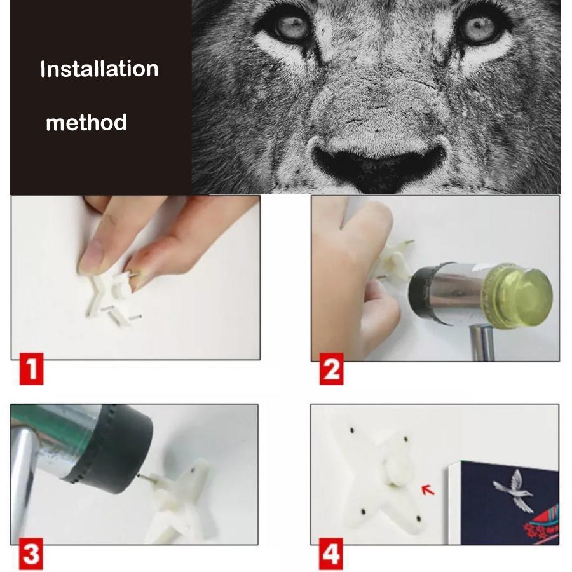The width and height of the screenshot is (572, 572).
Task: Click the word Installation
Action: [x=99, y=69]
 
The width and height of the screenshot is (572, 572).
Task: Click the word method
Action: [x=86, y=122]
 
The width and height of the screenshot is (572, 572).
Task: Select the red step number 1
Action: [x=31, y=369]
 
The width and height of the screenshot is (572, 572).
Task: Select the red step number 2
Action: [x=331, y=369]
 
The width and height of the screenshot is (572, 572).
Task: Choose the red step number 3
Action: [x=31, y=554]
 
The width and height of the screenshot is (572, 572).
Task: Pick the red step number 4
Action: [x=331, y=554]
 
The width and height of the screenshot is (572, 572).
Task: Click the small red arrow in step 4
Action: [x=428, y=489]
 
